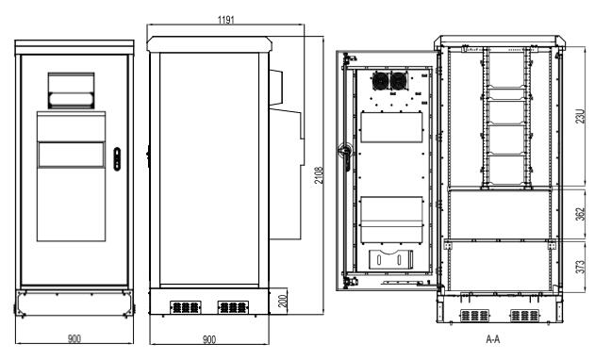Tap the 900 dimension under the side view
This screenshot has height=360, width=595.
point(210,337)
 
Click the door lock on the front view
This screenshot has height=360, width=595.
point(117,157)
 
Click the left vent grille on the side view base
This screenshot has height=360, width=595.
point(185,307)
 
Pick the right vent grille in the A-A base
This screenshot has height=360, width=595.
point(521,316)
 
